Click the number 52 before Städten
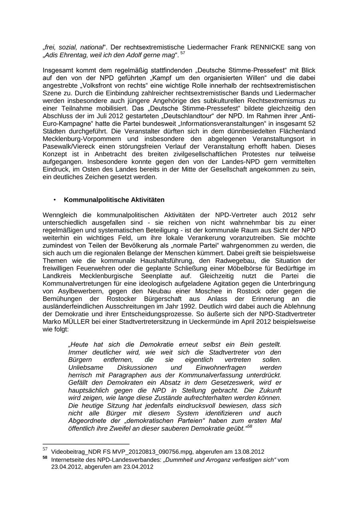(x=312, y=124)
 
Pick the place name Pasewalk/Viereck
(x=69, y=146)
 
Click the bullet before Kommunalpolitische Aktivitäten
(x=54, y=200)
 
